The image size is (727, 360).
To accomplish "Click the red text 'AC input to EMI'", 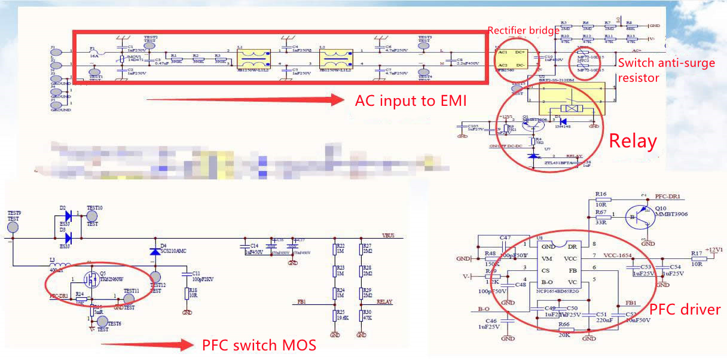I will [x=410, y=101].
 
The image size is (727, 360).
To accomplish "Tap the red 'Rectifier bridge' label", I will [x=523, y=30].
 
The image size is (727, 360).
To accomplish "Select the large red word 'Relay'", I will [x=633, y=142].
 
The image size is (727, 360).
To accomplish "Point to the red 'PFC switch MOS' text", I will [x=259, y=345].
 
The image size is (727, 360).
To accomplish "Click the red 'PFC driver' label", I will [x=685, y=309].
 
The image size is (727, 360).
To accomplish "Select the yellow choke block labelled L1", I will [x=254, y=60].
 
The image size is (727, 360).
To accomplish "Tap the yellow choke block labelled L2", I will [x=336, y=60].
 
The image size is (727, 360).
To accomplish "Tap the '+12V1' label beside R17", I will [x=714, y=249].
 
